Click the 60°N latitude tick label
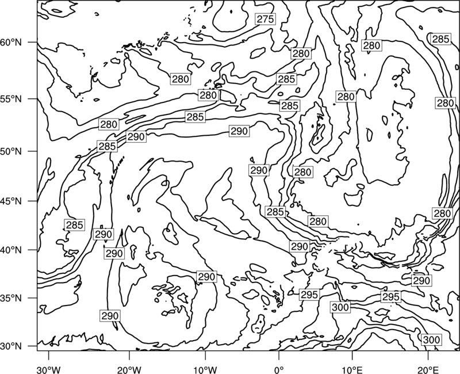(11, 43)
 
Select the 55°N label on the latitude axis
(11, 99)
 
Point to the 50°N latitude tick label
(11, 151)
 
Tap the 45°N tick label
(11, 201)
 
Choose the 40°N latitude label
(11, 250)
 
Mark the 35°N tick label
(11, 298)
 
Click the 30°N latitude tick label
(11, 346)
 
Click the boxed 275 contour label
(265, 19)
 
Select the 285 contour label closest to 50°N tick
(107, 146)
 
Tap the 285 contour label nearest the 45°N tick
(75, 225)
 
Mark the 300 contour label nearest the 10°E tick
(340, 307)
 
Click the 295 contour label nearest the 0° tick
(309, 295)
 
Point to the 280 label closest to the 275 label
(301, 54)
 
